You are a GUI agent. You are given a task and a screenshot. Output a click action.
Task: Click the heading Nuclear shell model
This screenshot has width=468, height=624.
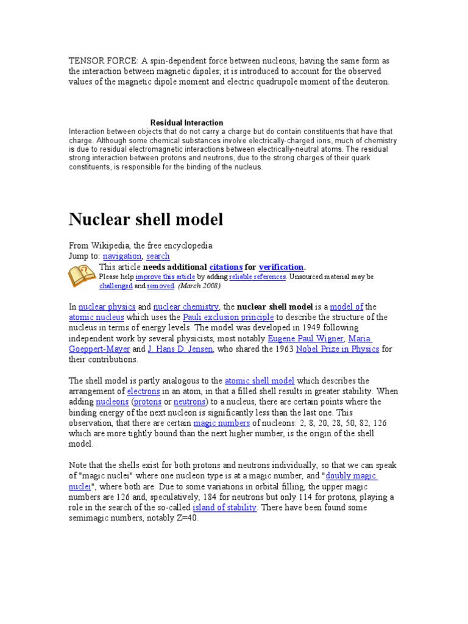[146, 219]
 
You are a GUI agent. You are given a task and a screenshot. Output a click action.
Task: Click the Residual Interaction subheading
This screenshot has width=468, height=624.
[186, 122]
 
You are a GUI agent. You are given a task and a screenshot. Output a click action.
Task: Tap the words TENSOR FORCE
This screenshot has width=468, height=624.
[104, 60]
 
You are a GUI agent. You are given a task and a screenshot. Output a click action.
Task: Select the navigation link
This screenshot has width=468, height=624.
[122, 257]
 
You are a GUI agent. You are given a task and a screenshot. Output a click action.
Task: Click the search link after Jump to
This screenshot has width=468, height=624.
[158, 257]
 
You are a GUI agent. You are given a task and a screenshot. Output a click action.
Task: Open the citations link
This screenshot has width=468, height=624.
[225, 267]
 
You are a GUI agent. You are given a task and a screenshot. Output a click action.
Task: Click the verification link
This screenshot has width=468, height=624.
[281, 267]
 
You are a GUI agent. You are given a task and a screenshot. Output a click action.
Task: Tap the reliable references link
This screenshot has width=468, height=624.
[257, 277]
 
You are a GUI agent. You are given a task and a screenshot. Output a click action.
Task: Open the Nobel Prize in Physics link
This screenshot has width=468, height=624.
[337, 349]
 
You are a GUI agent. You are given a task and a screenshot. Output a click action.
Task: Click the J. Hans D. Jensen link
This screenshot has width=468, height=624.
[180, 349]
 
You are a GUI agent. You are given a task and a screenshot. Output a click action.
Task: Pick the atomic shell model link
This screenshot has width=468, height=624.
[260, 381]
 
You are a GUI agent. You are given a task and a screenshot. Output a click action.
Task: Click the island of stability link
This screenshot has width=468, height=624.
[224, 508]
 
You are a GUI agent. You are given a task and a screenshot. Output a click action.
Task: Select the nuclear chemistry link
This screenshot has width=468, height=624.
[186, 307]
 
